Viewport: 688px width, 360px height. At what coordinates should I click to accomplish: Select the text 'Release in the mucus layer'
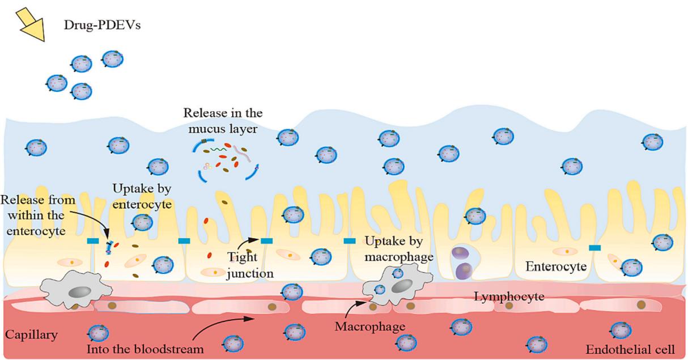pyautogui.click(x=222, y=121)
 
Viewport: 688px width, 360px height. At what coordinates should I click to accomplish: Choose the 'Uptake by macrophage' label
pyautogui.click(x=399, y=249)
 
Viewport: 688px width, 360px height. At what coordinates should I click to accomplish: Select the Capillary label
pyautogui.click(x=31, y=334)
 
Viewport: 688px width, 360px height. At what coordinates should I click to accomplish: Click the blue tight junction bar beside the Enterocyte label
pyautogui.click(x=594, y=248)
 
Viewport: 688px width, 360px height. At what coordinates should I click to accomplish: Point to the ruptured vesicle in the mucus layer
pyautogui.click(x=222, y=162)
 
